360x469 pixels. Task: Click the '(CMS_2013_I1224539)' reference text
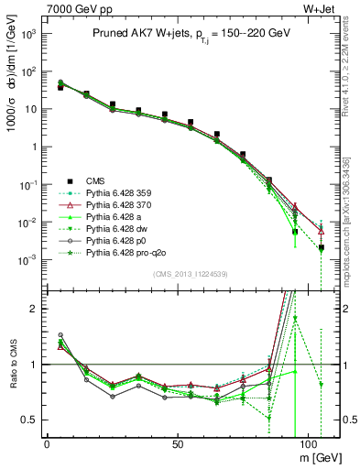tap(189, 275)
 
